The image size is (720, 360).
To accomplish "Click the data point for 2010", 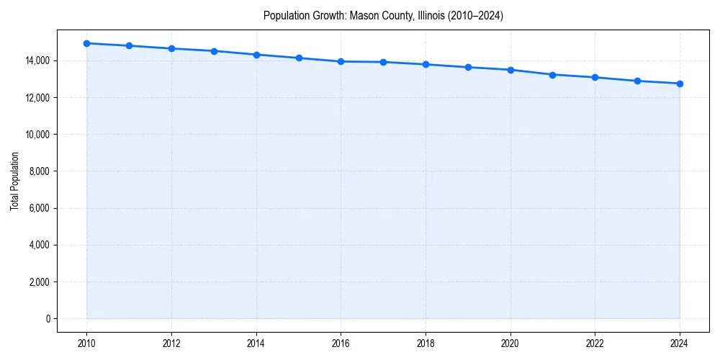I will (86, 43).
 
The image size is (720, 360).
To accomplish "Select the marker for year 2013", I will (214, 51).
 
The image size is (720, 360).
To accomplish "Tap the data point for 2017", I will (383, 62).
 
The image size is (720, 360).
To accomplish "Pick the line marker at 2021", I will (552, 74).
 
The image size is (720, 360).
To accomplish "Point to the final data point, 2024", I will (680, 84).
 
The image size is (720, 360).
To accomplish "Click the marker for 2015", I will (299, 58).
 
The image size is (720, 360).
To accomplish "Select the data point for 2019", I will (468, 67).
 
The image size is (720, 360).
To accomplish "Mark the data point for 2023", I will (637, 81).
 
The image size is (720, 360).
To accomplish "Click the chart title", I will (383, 15).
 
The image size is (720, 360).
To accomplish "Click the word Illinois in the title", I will (431, 15).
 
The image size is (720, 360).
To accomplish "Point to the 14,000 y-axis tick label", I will (37, 60).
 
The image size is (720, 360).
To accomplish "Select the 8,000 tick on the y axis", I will (40, 171).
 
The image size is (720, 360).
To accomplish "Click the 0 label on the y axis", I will (48, 318).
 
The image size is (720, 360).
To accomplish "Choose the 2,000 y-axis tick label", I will (40, 282).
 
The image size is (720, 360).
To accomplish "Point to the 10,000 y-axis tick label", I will (37, 135).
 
